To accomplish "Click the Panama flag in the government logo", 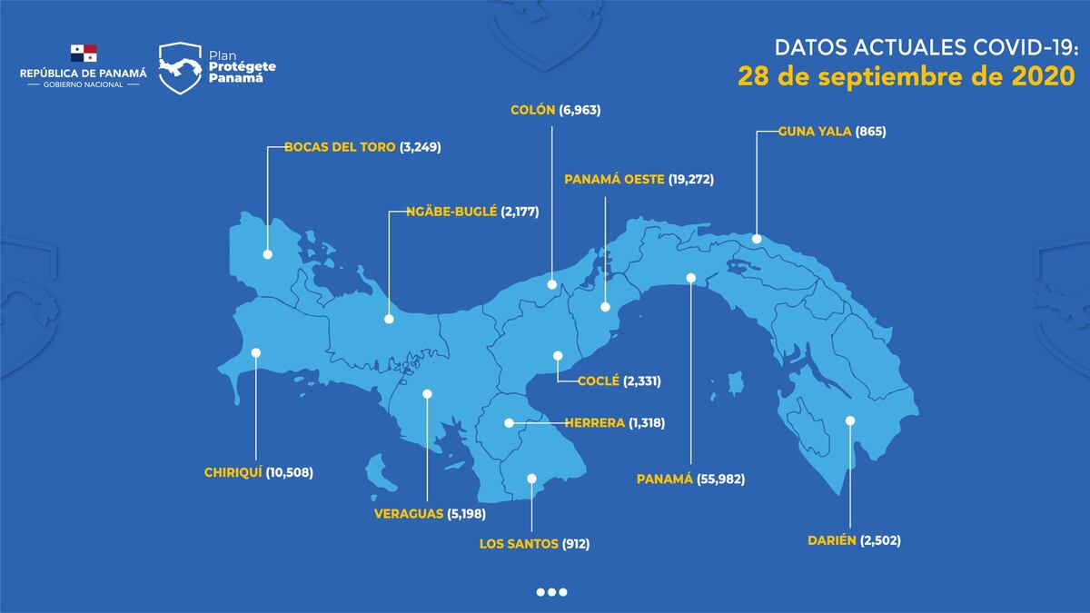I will [83, 53].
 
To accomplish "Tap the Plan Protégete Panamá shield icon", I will [180, 68].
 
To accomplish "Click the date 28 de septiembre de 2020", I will [906, 76].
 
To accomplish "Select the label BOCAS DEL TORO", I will [340, 146].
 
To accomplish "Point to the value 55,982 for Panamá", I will [720, 479].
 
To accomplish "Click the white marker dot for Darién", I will [850, 420].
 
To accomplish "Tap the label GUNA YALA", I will [815, 131].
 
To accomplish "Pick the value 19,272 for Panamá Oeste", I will [691, 179].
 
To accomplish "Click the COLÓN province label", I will [532, 109].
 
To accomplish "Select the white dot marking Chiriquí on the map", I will [256, 352].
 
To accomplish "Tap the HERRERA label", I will [594, 422].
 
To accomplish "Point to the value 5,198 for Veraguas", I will [466, 513].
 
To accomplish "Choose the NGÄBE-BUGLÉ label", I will [442, 211].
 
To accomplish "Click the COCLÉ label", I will [598, 381].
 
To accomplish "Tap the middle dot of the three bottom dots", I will [551, 592].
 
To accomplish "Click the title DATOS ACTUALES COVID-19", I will [924, 46].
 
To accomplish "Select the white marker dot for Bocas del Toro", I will [267, 255].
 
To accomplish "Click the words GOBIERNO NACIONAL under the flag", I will [83, 84].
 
